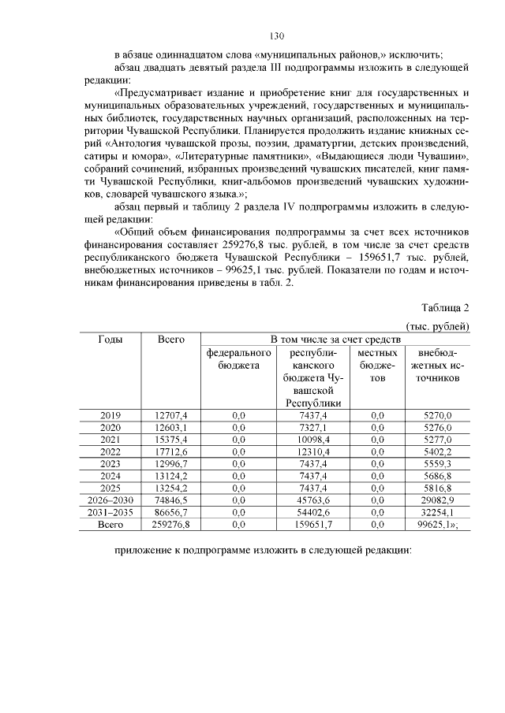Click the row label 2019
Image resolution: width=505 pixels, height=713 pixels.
[x=110, y=415]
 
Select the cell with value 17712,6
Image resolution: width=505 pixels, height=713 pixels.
[x=170, y=451]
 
